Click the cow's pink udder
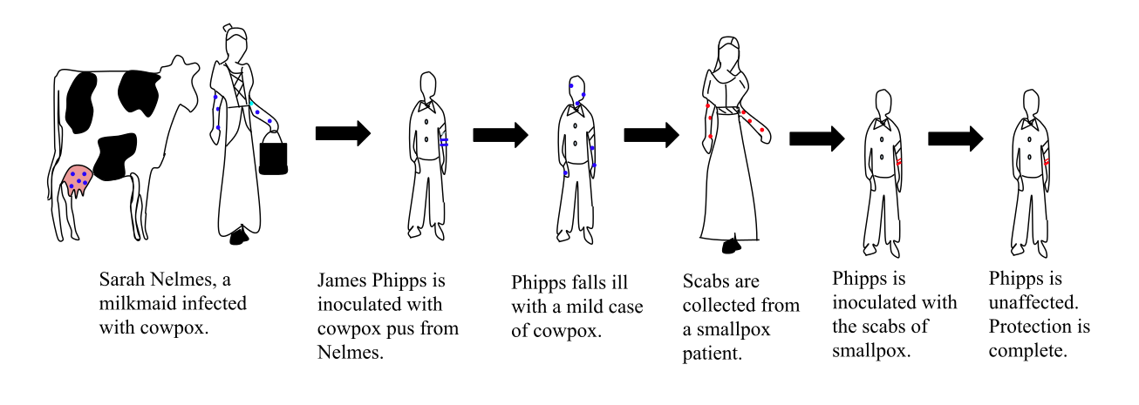(78, 180)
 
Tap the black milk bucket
(274, 154)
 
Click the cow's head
(180, 81)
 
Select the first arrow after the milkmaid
(344, 133)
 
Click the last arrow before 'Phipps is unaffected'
(956, 138)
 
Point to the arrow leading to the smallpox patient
(651, 135)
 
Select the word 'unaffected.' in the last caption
(1033, 303)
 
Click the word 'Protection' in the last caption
(1030, 327)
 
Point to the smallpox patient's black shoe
(732, 246)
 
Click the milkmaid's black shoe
(239, 237)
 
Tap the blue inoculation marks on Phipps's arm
(444, 142)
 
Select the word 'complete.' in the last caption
(1027, 351)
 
